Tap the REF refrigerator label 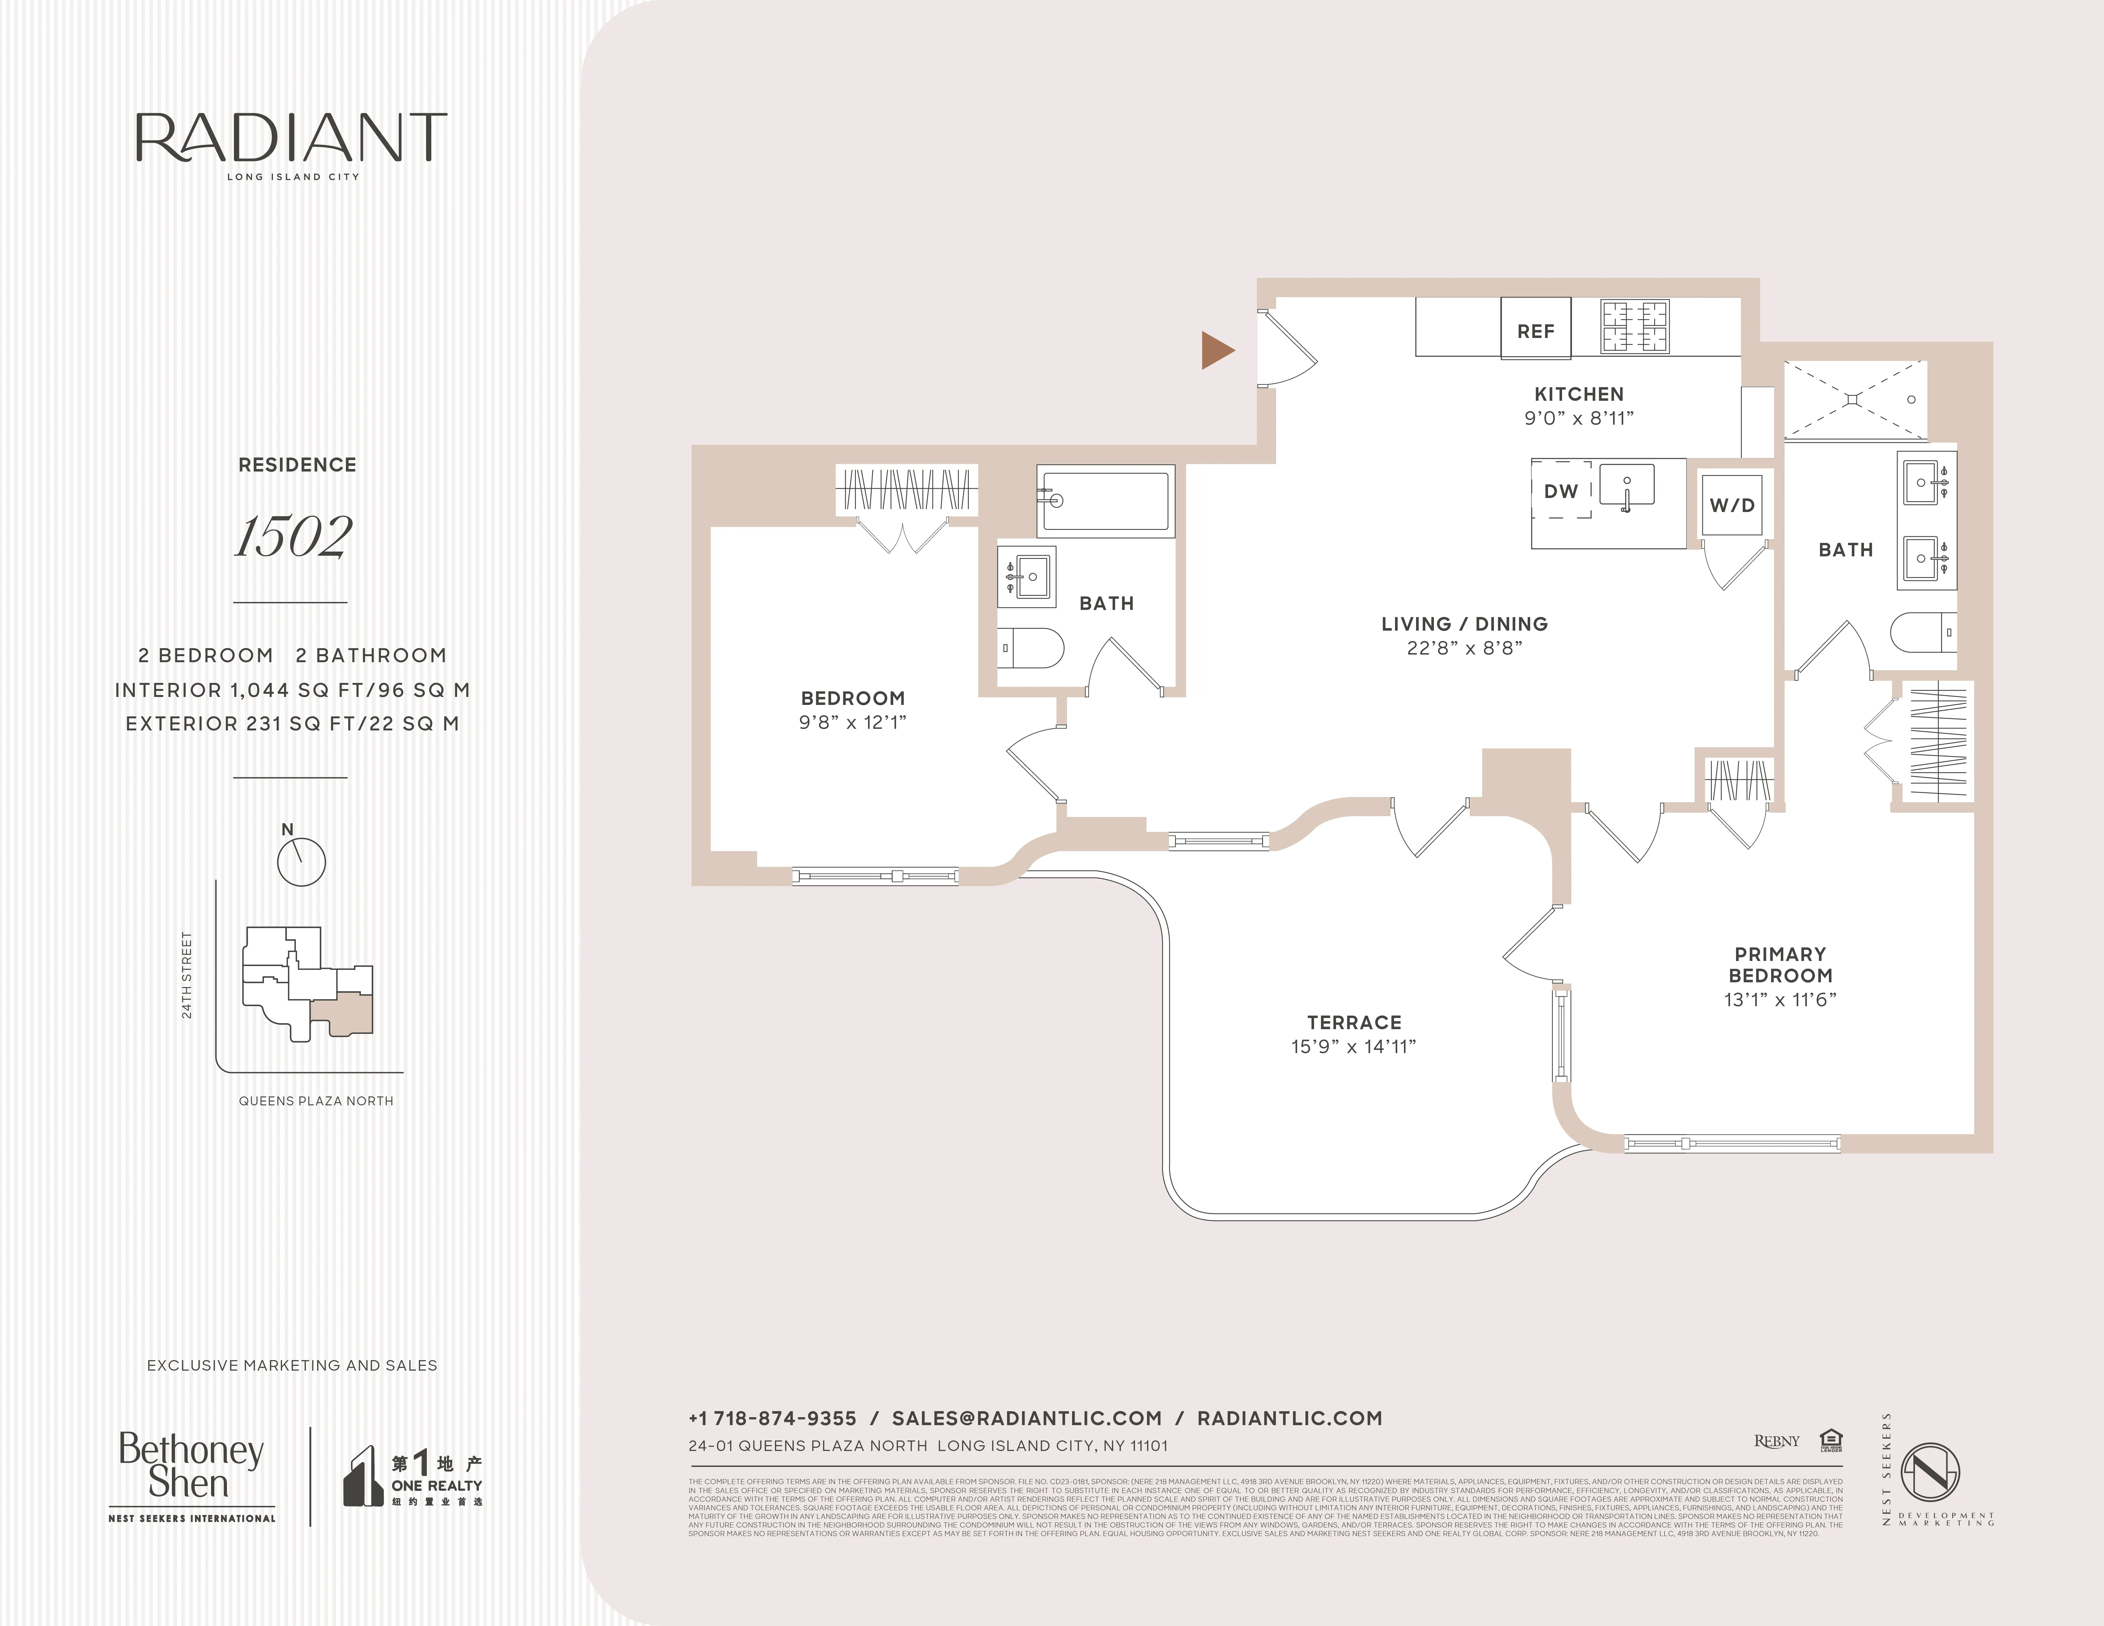1536,331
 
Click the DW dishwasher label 1561,491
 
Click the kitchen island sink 1627,485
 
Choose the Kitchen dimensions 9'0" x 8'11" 1579,418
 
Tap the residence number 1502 294,537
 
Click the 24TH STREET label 187,975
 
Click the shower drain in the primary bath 1852,398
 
